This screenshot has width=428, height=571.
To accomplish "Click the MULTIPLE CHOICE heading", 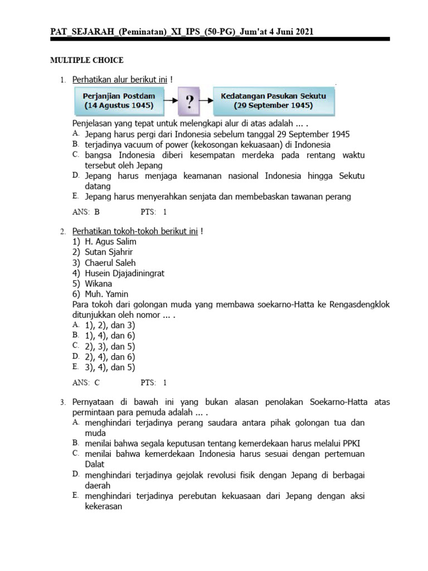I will (86, 60).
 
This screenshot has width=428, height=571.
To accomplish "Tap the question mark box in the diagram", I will (190, 101).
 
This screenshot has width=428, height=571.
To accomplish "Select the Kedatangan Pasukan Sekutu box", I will (274, 101).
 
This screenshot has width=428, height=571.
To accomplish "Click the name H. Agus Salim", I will (110, 242).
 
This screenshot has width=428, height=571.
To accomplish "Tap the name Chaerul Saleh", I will (110, 263).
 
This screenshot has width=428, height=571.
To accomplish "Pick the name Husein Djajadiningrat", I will (124, 273).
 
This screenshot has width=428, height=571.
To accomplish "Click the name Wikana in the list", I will (98, 284).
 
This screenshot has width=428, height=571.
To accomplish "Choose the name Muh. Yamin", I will (106, 294).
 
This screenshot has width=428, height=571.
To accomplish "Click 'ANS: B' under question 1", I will (86, 212).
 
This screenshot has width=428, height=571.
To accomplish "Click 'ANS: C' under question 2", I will (86, 383).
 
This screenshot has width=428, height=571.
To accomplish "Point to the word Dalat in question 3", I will (94, 464).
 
